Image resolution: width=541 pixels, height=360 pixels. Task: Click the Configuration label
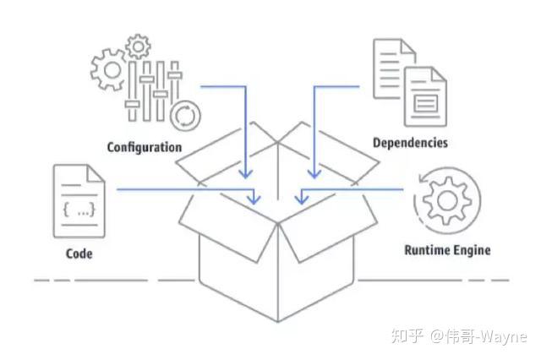point(144,147)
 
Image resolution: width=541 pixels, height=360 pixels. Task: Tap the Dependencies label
point(410,142)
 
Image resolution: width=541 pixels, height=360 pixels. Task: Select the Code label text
point(79,254)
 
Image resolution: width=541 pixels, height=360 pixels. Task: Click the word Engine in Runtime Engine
point(470,250)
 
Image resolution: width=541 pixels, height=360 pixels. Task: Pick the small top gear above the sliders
point(136,44)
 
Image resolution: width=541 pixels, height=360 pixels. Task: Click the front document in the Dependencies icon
point(425,95)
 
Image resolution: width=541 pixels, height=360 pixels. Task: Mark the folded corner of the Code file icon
point(96,174)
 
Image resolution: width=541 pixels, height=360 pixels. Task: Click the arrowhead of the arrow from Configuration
point(246,173)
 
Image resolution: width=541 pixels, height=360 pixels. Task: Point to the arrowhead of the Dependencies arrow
point(314,173)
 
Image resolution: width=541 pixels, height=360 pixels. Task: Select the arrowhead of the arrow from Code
point(254,199)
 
